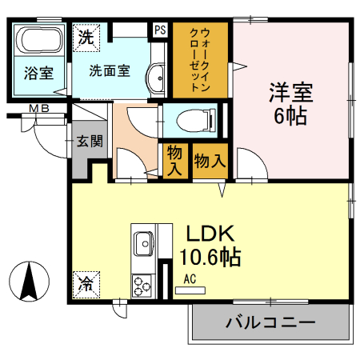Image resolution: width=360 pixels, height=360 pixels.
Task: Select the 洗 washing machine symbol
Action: pos(86,36)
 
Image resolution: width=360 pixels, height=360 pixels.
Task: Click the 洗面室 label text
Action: pos(110,70)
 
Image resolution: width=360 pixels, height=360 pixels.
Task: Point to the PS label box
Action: pos(160,30)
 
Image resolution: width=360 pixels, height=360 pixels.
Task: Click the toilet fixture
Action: pos(186,121)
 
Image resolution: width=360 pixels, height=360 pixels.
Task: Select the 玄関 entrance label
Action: pos(88,142)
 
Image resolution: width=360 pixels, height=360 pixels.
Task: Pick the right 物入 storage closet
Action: pos(210,161)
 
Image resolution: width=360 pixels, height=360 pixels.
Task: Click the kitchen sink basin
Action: pos(145,242)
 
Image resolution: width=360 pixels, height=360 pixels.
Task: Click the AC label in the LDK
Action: pos(190,279)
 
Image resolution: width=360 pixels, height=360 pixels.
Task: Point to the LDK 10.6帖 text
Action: pos(210,246)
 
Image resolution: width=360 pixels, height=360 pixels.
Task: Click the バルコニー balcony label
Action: pos(270,323)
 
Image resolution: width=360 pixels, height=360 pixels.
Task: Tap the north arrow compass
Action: pos(30,283)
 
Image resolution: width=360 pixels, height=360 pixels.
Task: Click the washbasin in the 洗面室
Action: pos(157,78)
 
